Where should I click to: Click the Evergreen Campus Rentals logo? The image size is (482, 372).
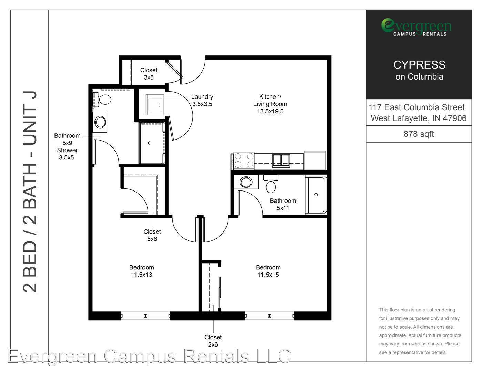(416, 27)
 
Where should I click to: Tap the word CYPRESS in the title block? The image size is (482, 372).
(420, 65)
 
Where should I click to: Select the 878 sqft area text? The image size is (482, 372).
(419, 134)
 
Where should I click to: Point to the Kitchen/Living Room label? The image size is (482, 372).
(270, 104)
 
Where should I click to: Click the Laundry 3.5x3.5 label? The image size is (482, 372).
(202, 100)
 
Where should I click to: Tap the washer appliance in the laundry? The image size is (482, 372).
(155, 105)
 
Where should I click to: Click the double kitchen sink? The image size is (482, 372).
(281, 161)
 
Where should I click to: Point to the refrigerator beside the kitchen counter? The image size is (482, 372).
(315, 161)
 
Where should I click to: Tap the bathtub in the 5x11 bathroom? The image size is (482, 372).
(316, 195)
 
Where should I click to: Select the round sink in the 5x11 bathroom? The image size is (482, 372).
(246, 182)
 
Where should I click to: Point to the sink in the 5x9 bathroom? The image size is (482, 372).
(100, 122)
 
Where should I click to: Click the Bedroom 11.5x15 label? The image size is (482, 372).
(268, 271)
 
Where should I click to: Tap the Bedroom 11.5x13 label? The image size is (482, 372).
(141, 271)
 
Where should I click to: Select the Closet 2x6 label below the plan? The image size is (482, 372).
(213, 341)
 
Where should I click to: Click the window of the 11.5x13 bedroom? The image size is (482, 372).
(145, 316)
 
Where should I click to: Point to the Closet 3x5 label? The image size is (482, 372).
(149, 74)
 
